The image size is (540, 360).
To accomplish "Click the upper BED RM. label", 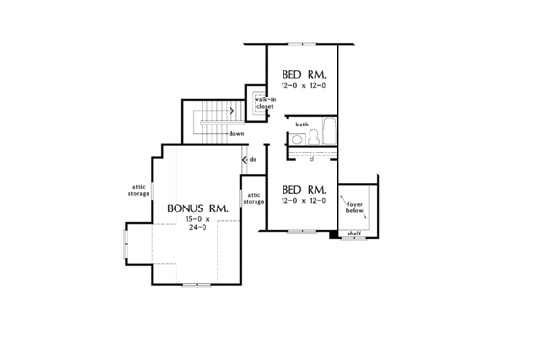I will (x=302, y=75).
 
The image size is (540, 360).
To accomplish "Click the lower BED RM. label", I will (x=302, y=189).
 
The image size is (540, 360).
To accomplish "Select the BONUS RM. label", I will (x=197, y=208).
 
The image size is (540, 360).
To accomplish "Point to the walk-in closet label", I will (x=264, y=103).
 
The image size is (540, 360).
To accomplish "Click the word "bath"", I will (x=302, y=125).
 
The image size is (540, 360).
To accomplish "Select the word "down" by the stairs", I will (x=235, y=133).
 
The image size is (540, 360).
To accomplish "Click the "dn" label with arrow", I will (x=251, y=159).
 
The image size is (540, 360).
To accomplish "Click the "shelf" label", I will (x=353, y=234).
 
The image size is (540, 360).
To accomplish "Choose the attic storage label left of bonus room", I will (x=138, y=191).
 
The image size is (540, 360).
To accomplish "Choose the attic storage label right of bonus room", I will (x=254, y=198).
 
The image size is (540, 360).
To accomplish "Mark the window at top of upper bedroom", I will (x=302, y=44).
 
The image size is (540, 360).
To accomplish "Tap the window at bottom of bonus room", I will (x=196, y=284).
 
